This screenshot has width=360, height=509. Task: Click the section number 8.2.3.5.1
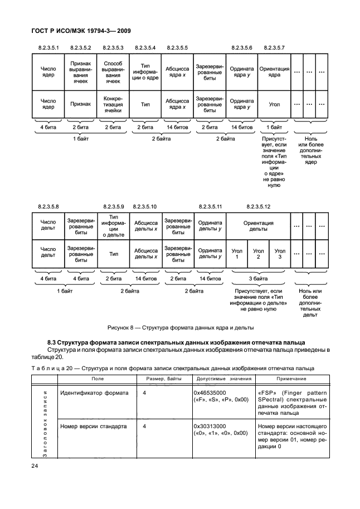48,47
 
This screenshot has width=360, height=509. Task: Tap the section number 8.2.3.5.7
274,47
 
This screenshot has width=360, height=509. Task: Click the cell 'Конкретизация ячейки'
113,104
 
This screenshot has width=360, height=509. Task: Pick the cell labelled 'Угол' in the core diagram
274,104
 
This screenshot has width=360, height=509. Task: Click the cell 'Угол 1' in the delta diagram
237,255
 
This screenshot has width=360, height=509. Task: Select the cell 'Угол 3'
280,255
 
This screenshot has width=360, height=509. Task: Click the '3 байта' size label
258,278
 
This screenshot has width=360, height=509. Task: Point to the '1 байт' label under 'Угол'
274,127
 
